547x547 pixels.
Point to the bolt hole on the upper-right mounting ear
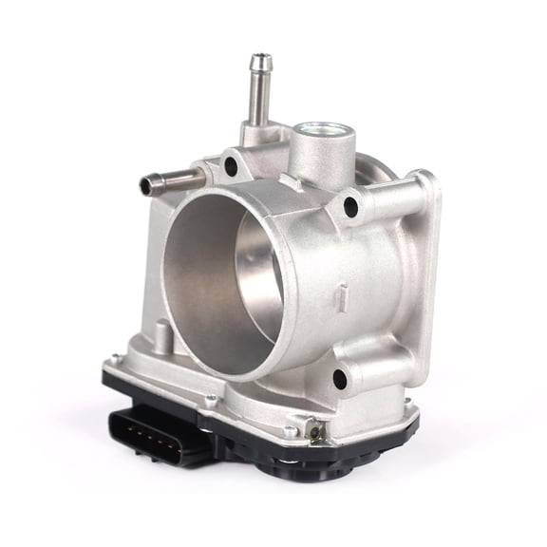351,203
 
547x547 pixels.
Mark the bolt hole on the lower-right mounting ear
339,379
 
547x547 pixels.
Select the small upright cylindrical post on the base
163,336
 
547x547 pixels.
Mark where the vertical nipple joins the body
255,133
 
